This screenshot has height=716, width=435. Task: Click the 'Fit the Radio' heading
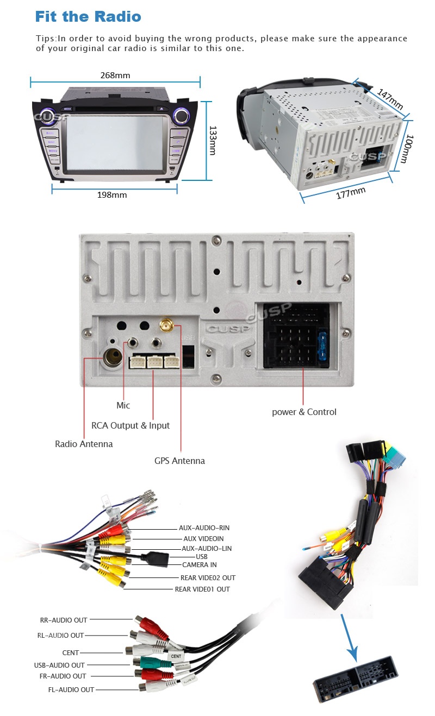click(88, 16)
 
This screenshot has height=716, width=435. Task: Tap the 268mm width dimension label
click(115, 76)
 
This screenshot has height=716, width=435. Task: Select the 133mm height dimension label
click(213, 141)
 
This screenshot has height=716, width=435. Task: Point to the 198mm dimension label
click(112, 195)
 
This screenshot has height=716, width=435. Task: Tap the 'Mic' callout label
click(123, 405)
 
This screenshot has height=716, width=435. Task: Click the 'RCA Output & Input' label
click(130, 425)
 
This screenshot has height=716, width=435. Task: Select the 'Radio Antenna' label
click(84, 444)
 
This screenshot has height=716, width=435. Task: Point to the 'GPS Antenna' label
click(179, 461)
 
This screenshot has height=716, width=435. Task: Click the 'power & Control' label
click(304, 412)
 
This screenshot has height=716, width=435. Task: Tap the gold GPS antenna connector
click(167, 326)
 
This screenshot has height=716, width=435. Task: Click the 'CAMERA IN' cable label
click(199, 565)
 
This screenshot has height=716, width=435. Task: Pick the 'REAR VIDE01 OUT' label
click(202, 589)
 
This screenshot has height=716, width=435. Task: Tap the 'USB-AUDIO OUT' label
click(59, 665)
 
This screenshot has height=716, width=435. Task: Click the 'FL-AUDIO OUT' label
click(71, 689)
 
